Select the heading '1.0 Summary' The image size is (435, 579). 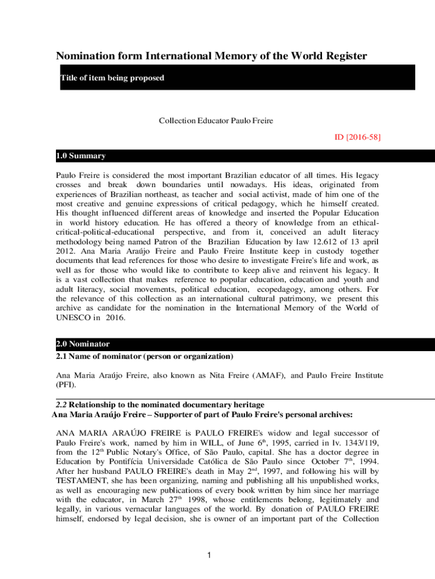[80, 155]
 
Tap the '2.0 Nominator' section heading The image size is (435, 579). [82, 344]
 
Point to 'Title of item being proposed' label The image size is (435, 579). [112, 77]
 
